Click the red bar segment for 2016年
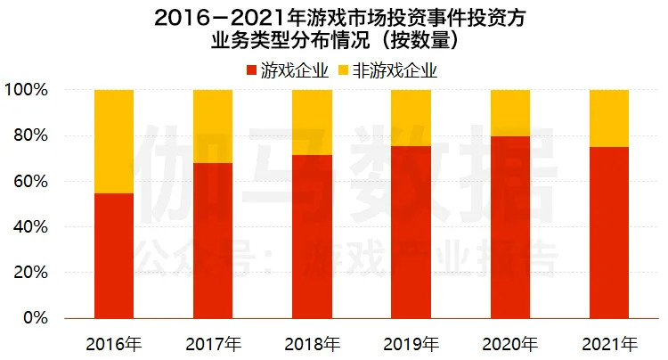pos(114,256)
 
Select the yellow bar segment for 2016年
pos(114,142)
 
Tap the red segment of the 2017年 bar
pos(213,241)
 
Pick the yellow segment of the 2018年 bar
pos(312,122)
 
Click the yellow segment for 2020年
pos(509,113)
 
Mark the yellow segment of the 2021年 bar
pos(609,119)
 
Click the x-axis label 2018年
pos(312,343)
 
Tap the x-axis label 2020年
pos(509,343)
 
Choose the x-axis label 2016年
pos(114,343)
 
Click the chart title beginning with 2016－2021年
pos(334,17)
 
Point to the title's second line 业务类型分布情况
pos(334,41)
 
